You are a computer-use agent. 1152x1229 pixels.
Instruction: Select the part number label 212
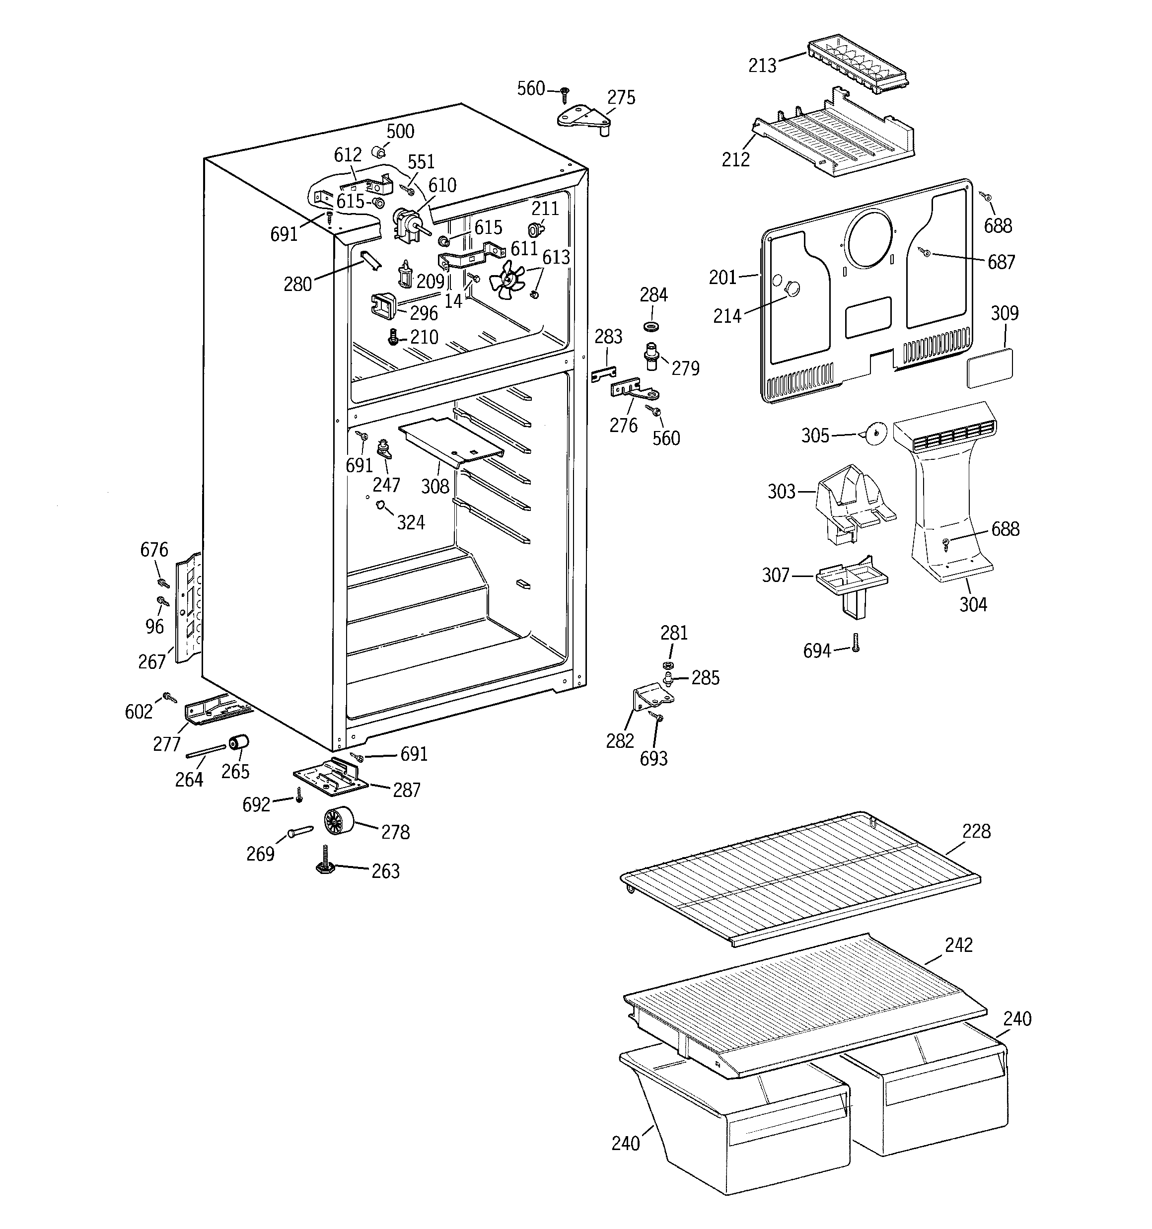click(735, 159)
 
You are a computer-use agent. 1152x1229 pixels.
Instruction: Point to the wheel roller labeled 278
click(338, 822)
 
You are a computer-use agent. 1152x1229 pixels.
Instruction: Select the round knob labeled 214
click(792, 287)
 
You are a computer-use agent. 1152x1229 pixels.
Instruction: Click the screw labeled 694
click(856, 644)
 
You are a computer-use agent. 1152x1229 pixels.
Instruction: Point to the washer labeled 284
click(650, 325)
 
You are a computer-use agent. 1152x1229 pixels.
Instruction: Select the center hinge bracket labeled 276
click(634, 391)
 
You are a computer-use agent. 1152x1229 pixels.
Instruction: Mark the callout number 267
click(151, 661)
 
